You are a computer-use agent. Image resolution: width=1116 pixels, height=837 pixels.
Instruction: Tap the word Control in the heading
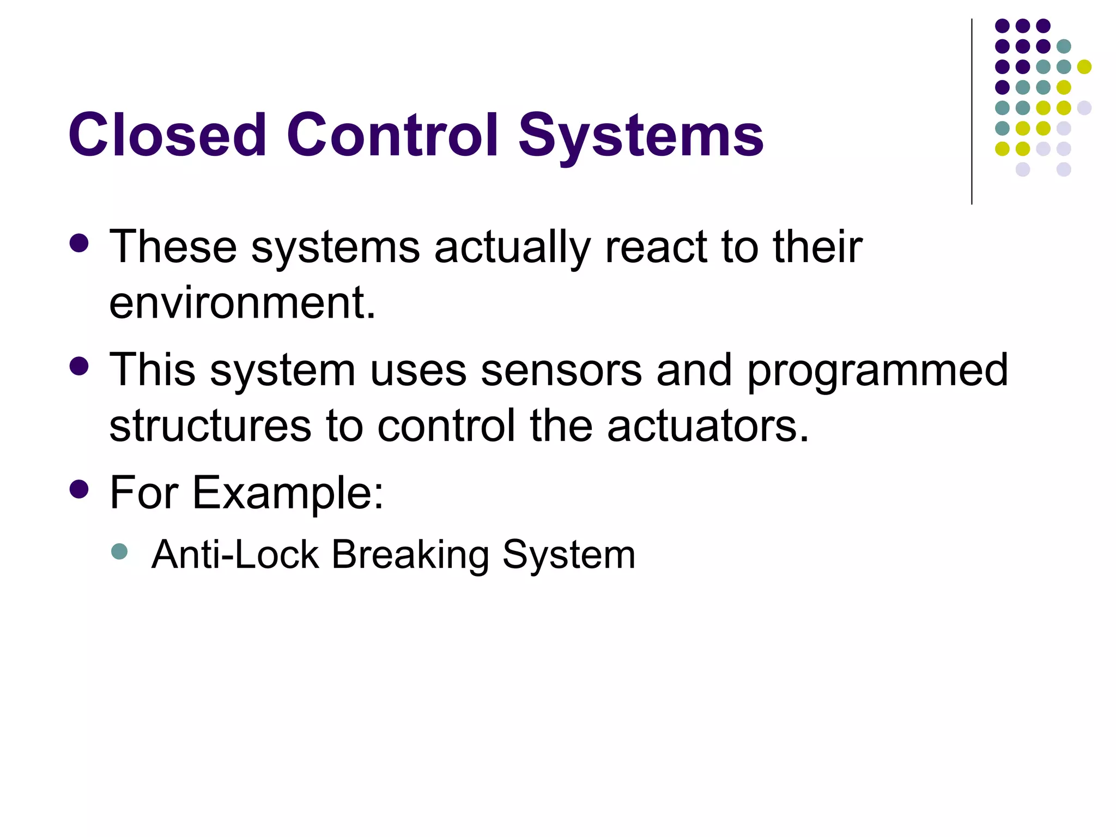pyautogui.click(x=392, y=135)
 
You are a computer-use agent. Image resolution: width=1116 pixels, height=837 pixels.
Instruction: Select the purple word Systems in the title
pyautogui.click(x=641, y=136)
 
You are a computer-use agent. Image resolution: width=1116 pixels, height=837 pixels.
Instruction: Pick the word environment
pyautogui.click(x=242, y=303)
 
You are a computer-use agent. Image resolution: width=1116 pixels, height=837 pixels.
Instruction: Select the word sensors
pyautogui.click(x=561, y=370)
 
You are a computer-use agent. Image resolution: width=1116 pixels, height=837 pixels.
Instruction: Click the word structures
pyautogui.click(x=210, y=426)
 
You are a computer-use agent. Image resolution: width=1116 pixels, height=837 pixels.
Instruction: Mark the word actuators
pyautogui.click(x=708, y=426)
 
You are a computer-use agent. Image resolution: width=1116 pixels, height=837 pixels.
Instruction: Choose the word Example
pyautogui.click(x=288, y=494)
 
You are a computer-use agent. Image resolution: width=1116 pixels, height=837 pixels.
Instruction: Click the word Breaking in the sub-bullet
pyautogui.click(x=410, y=555)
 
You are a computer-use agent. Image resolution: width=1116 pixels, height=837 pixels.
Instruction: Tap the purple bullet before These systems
pyautogui.click(x=79, y=244)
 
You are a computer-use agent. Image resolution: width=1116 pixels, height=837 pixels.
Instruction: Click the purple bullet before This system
pyautogui.click(x=79, y=366)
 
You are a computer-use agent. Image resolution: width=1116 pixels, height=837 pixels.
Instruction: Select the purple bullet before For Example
pyautogui.click(x=79, y=489)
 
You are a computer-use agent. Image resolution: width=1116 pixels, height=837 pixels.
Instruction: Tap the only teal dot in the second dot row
pyautogui.click(x=1063, y=46)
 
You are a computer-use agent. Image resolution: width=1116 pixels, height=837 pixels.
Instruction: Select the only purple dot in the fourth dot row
pyautogui.click(x=1002, y=87)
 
